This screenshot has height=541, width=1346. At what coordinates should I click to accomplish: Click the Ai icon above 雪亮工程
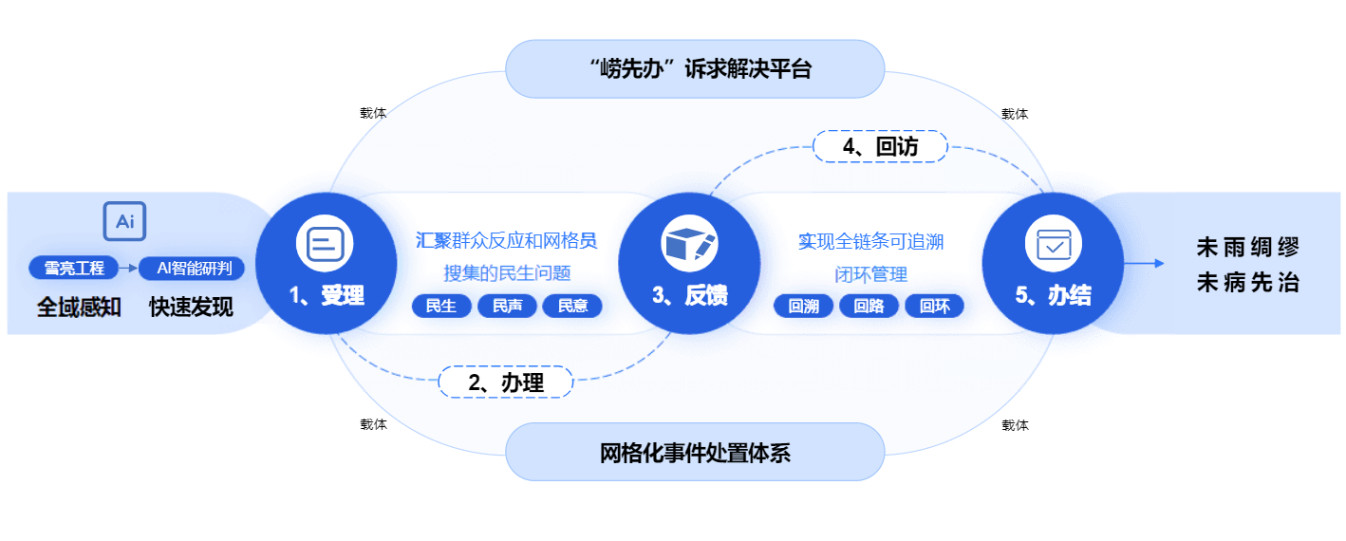[x=124, y=222]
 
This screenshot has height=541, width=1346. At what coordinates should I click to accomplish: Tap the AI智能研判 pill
[x=193, y=269]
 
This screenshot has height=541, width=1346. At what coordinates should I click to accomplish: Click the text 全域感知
[x=78, y=308]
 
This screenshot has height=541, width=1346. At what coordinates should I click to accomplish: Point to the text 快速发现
[x=191, y=308]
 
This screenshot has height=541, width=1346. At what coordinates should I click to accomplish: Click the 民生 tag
[x=441, y=306]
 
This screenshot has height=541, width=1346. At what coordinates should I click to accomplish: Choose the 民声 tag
[x=507, y=306]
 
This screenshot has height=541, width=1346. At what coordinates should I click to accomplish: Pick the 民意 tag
[x=572, y=306]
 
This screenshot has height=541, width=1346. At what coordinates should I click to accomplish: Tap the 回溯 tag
[x=803, y=306]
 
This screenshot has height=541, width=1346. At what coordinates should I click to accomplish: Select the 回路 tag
[x=869, y=306]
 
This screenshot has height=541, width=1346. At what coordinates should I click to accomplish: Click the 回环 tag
[x=934, y=306]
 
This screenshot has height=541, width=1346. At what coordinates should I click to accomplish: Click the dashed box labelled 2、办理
[x=506, y=382]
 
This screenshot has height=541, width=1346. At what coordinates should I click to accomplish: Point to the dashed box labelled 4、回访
[x=880, y=146]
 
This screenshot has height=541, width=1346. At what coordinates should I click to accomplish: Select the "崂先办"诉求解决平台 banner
[x=695, y=68]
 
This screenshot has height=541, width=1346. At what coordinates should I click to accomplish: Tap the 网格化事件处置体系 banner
[x=695, y=452]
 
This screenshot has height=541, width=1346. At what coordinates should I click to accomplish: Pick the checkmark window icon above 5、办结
[x=1053, y=245]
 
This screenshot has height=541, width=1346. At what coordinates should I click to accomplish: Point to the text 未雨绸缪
[x=1247, y=248]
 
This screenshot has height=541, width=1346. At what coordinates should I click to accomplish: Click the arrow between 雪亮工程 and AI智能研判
[x=128, y=269]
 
